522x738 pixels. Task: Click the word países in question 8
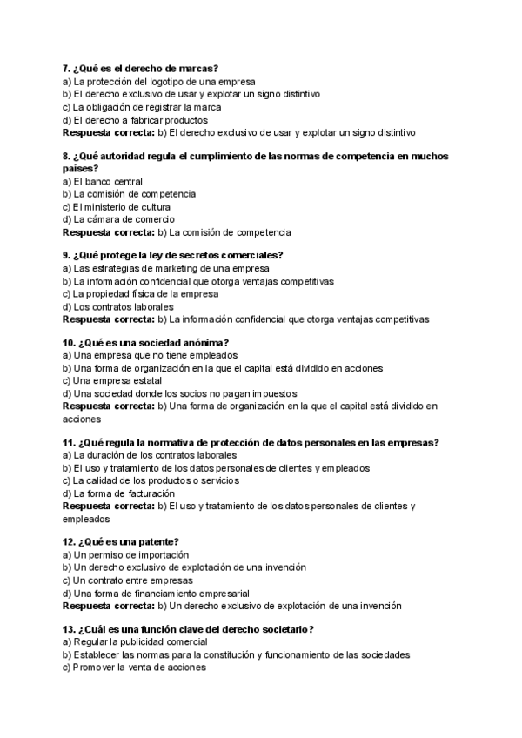pos(81,168)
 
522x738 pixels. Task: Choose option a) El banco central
pos(103,181)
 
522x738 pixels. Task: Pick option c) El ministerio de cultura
pos(118,207)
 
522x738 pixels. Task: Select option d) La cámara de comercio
pos(118,220)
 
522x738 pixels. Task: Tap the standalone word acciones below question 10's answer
pos(84,419)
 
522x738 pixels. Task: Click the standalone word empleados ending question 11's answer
pos(86,519)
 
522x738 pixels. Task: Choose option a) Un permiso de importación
pos(126,554)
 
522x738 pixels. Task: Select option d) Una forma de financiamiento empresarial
pos(158,594)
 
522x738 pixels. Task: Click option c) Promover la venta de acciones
pos(134,668)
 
